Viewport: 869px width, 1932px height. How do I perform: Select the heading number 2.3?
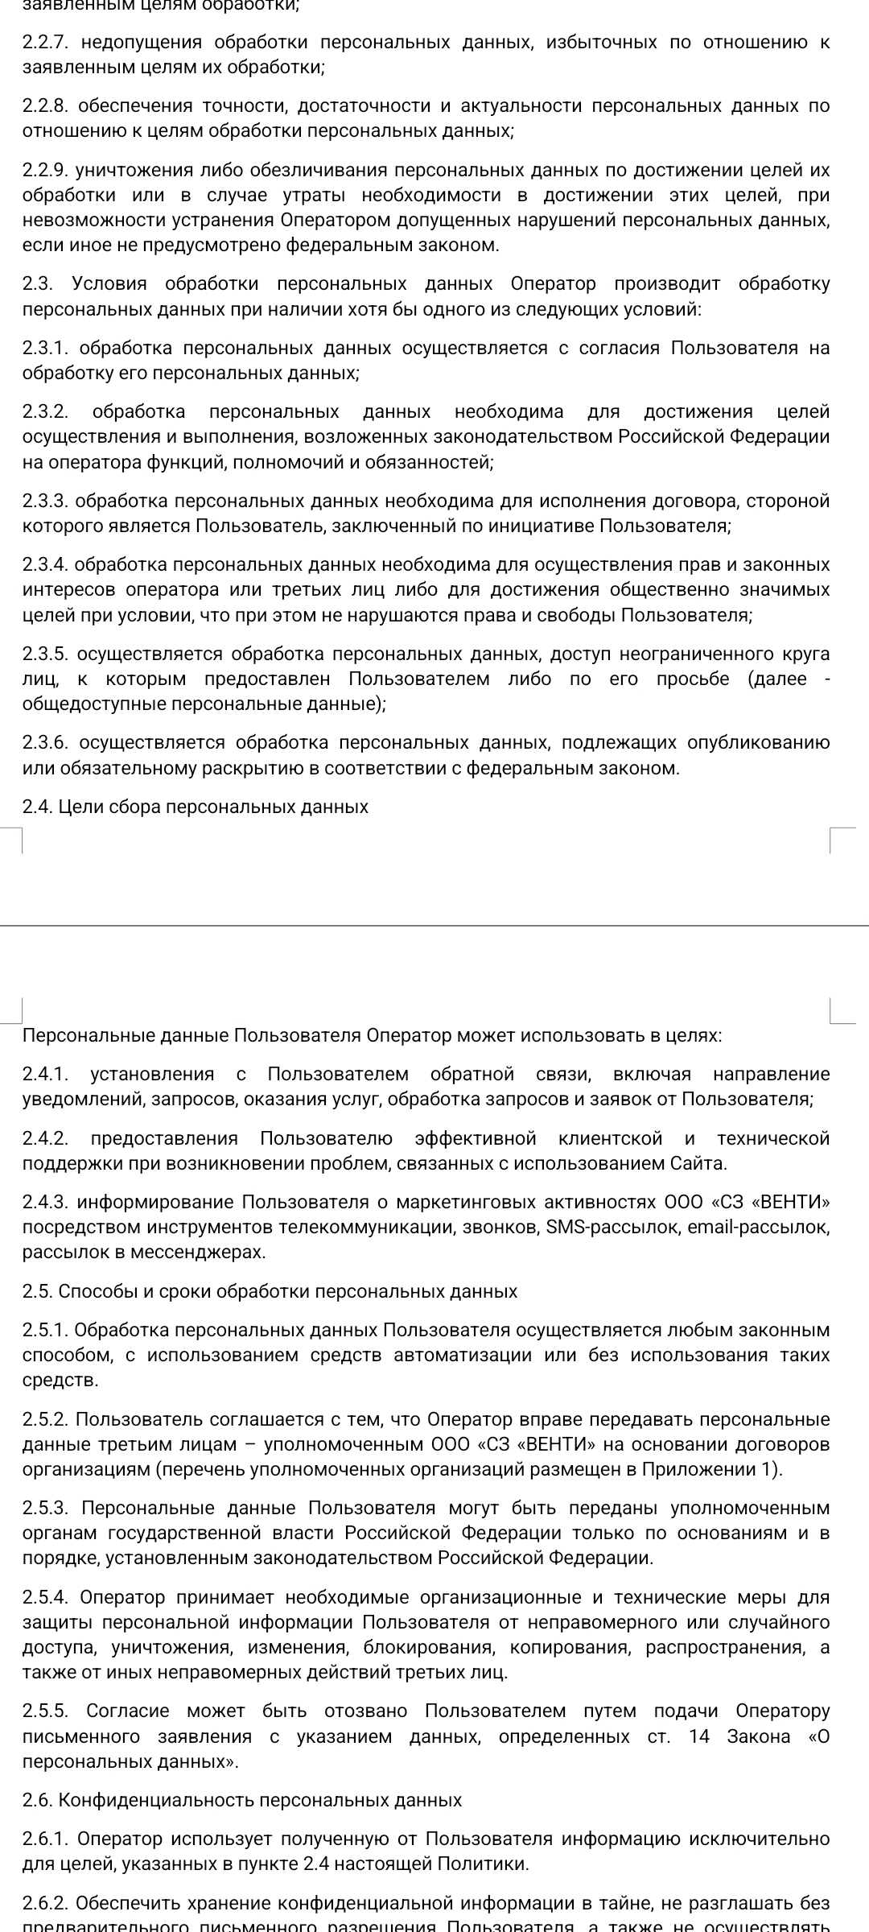tap(39, 283)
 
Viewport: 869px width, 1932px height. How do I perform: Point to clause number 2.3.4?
tap(48, 564)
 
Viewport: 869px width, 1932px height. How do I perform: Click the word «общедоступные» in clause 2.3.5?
tap(86, 704)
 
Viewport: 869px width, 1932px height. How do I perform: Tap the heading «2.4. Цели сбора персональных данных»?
tap(196, 807)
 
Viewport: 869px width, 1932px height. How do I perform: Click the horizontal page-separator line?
tap(434, 926)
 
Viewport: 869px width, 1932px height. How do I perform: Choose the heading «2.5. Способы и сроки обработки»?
tap(270, 1292)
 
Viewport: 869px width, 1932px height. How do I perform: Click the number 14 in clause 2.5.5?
tap(699, 1736)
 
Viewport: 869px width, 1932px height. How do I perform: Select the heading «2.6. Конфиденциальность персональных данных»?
tap(242, 1799)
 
